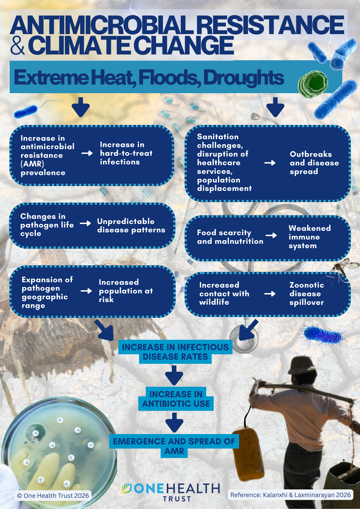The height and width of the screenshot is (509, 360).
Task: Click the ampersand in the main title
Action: (x=18, y=45)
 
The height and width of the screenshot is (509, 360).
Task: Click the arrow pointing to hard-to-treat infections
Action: (x=87, y=153)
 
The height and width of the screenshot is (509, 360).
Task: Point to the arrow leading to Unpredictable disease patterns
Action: (x=85, y=223)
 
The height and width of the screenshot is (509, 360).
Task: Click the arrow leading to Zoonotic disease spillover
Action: (x=270, y=294)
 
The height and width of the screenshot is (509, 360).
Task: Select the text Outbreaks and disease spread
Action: (x=314, y=163)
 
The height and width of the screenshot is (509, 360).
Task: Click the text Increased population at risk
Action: (x=126, y=291)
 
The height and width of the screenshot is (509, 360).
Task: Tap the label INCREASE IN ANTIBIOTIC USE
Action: (x=176, y=399)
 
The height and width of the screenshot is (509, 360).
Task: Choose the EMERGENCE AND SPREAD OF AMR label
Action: (x=174, y=446)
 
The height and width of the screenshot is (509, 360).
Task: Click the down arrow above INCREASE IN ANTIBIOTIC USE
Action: (x=174, y=375)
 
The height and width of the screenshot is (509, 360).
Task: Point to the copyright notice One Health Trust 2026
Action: (x=53, y=496)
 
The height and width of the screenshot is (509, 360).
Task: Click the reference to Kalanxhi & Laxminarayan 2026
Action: (x=290, y=495)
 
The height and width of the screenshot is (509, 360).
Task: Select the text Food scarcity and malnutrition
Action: (x=230, y=237)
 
